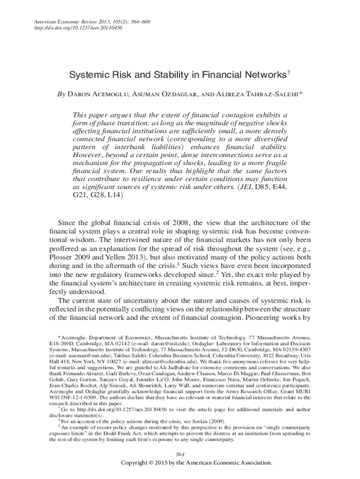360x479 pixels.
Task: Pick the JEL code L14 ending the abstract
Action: [113, 195]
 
